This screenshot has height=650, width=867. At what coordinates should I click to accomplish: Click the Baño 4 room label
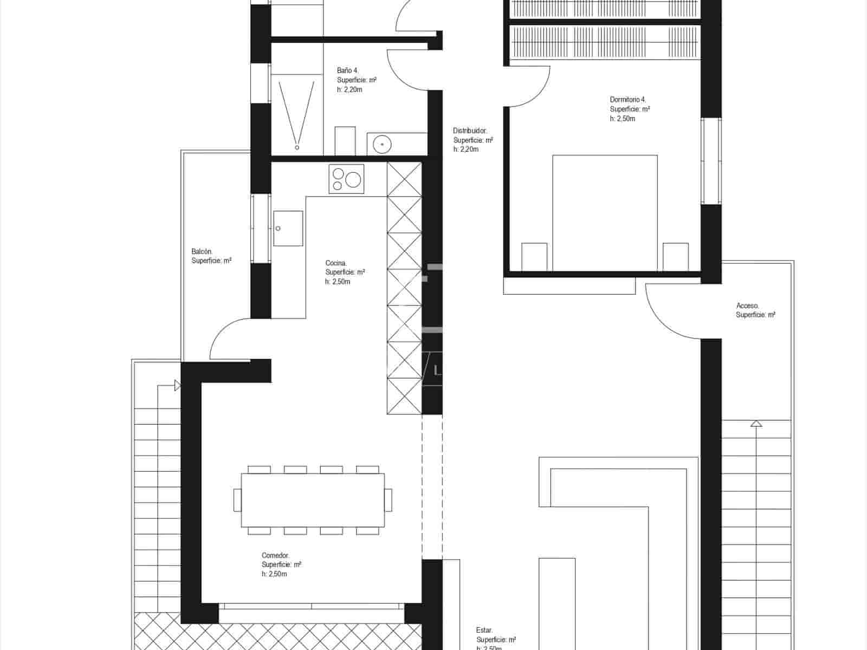(x=348, y=70)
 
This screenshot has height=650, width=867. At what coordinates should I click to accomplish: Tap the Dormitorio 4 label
(x=627, y=100)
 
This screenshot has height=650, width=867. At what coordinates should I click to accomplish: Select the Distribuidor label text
(x=470, y=131)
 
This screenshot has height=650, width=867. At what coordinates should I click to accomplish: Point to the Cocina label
(x=336, y=263)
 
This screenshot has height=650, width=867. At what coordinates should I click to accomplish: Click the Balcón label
(x=202, y=251)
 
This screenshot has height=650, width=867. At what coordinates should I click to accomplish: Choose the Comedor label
(x=275, y=555)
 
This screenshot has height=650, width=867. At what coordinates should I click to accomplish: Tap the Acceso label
(x=747, y=305)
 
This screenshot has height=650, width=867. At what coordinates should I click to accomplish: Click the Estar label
(x=484, y=630)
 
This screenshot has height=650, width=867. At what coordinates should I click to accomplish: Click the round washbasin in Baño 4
(x=383, y=144)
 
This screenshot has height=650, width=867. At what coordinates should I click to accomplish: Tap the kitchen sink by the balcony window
(x=288, y=228)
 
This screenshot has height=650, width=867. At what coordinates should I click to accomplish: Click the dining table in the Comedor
(x=313, y=499)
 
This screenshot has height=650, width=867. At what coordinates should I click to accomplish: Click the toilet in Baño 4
(x=345, y=141)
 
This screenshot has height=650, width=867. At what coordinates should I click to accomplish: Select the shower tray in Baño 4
(x=296, y=114)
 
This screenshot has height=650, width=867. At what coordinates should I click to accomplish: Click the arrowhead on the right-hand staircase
(x=756, y=423)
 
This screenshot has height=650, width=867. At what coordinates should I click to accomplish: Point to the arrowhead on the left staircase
(x=177, y=386)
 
